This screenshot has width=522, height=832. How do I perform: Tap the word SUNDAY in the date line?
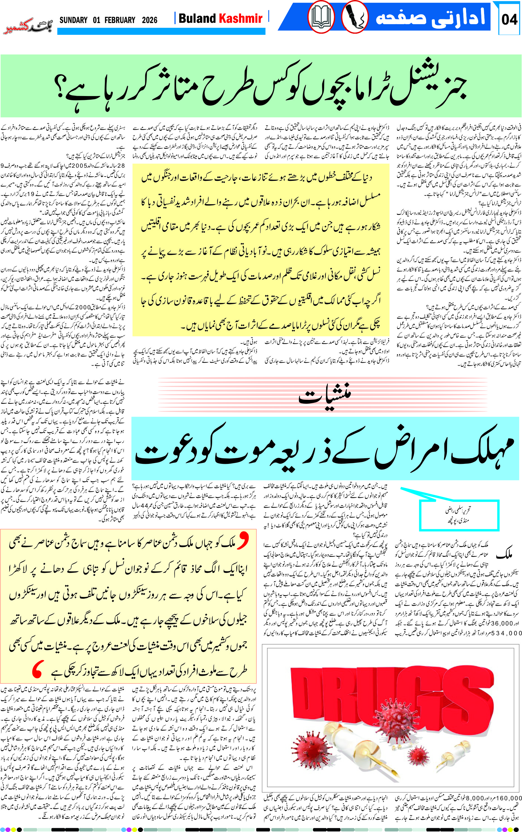73,20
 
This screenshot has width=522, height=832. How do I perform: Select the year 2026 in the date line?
149,20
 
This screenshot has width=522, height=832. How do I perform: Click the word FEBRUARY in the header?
120,20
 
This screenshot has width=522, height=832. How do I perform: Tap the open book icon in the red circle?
321,17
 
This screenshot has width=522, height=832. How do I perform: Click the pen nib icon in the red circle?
355,17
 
